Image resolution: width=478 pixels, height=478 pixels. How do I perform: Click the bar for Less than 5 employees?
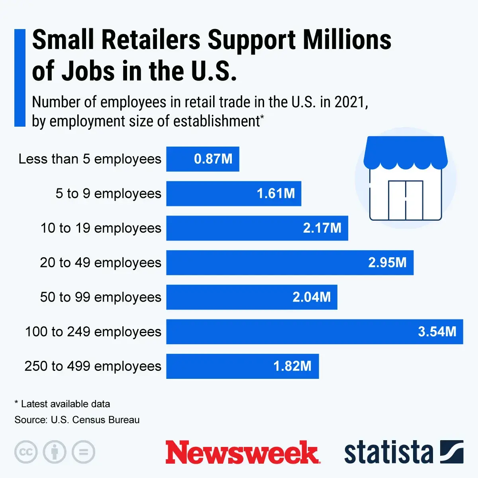point(202,159)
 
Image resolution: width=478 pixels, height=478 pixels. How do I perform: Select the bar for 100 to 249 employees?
point(314,331)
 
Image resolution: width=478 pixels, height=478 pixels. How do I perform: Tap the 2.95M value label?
point(387,263)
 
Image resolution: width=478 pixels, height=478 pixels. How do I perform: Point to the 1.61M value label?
point(276,194)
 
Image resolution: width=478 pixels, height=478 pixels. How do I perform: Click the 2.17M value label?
point(322,228)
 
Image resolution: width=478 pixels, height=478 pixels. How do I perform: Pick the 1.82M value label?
point(292,366)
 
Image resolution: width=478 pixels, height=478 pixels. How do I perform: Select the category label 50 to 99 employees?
point(100,297)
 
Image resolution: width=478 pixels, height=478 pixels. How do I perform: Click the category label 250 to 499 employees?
point(93,366)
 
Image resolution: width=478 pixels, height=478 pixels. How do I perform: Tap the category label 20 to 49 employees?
point(100,263)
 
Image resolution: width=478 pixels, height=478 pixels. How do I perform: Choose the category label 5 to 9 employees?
point(108,194)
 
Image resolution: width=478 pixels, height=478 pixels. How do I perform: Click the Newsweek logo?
point(242,453)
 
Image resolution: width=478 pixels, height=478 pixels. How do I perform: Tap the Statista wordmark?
point(388,453)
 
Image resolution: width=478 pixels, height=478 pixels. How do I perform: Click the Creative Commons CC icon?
point(26,452)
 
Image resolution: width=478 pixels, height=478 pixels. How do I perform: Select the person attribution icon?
point(55,452)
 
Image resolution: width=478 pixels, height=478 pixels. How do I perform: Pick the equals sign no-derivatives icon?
point(83,452)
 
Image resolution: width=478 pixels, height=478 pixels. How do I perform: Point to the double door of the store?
point(406,200)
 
